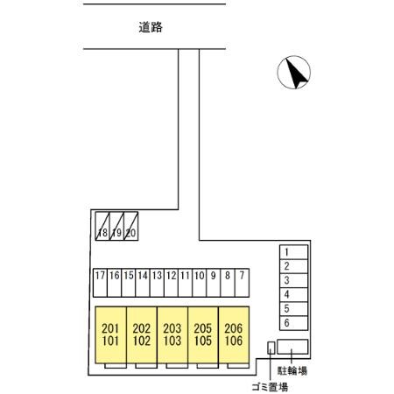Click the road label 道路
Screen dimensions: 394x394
(151, 27)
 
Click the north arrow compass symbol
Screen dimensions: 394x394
(293, 73)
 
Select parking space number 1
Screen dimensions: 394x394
(293, 252)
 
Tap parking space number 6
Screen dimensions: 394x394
(293, 323)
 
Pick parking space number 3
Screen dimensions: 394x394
(293, 280)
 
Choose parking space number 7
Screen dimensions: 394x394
(242, 283)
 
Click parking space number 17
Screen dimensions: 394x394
(100, 283)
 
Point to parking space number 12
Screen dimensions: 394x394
(171, 283)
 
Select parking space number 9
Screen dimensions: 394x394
(214, 283)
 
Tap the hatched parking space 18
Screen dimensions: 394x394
(102, 226)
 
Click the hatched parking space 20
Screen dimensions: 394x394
(131, 226)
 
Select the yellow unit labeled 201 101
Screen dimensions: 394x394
(110, 334)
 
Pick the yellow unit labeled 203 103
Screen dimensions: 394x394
(172, 334)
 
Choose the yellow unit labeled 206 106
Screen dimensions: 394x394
(234, 334)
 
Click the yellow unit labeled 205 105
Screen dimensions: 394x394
(203, 334)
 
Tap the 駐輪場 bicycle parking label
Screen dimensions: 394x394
(292, 370)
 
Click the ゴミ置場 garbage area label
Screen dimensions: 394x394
(270, 387)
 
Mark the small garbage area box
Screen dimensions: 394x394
(271, 348)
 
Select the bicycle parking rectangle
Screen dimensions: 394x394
(292, 347)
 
